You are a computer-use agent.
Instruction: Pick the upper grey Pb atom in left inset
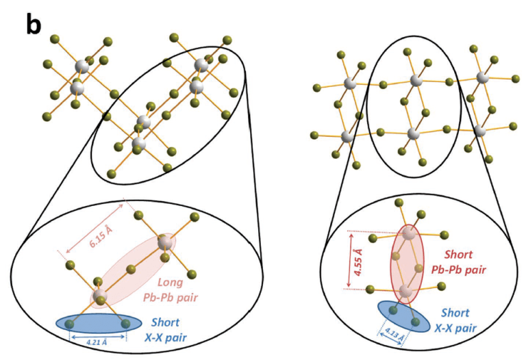[x=165, y=242]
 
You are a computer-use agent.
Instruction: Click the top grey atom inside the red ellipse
[x=410, y=235]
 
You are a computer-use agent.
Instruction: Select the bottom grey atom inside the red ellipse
[x=406, y=293]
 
